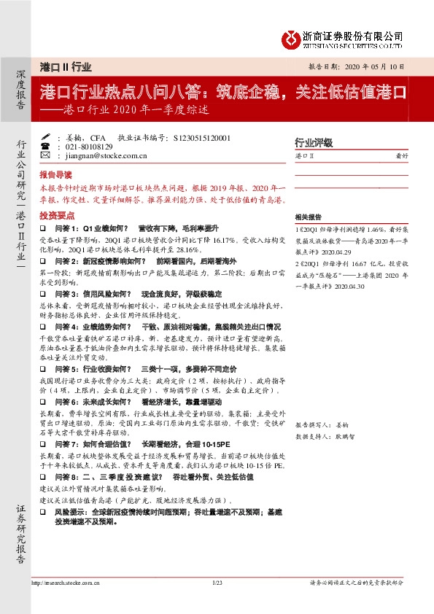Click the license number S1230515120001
click(x=198, y=136)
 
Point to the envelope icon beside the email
click(x=46, y=155)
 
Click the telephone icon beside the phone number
click(x=46, y=146)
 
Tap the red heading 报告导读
click(x=55, y=175)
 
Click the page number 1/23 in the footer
click(x=217, y=582)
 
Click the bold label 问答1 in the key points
click(x=64, y=228)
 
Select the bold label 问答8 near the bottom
click(x=64, y=475)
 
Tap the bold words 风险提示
click(x=68, y=513)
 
